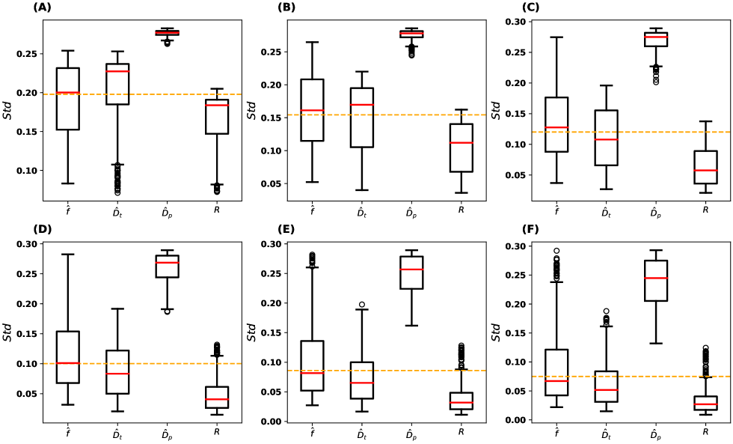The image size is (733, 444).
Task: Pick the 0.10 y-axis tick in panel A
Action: tap(32, 171)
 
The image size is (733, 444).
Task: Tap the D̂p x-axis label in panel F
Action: tap(655, 434)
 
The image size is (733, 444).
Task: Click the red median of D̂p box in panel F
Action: tap(655, 278)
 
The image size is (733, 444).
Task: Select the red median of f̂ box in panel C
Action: tap(556, 127)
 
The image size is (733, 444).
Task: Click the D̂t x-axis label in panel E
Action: tap(363, 434)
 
